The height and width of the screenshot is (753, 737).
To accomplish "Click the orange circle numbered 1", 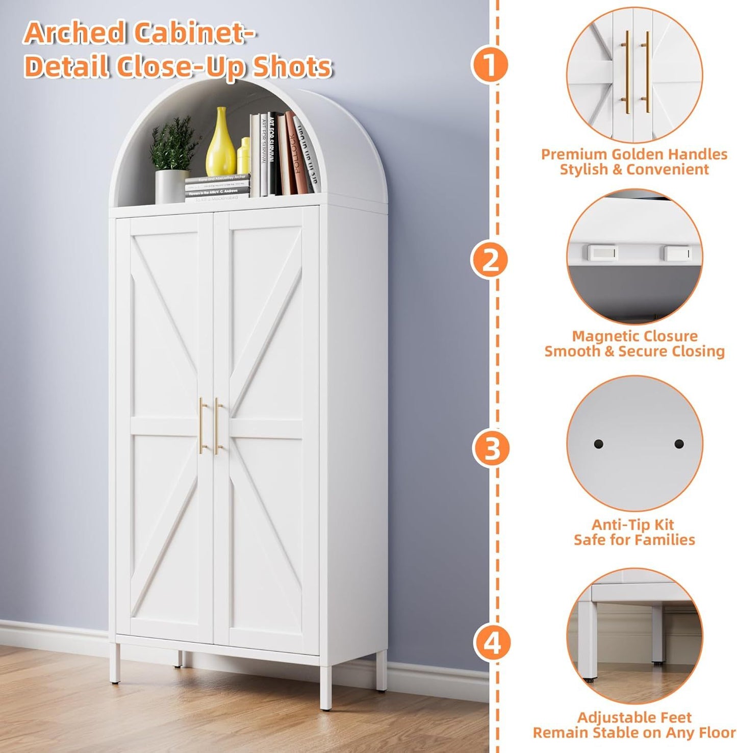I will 489,65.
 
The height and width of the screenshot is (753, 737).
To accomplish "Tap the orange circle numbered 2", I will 489,260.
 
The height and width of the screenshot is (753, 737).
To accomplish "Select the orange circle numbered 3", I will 492,449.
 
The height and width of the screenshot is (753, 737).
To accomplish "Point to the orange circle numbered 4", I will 492,643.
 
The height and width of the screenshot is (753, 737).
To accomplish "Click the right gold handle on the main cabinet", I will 218,426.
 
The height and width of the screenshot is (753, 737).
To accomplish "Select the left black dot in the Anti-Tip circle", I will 598,444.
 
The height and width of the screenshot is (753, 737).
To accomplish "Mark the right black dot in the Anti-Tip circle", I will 679,444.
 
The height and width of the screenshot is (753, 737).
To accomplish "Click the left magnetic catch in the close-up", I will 602,252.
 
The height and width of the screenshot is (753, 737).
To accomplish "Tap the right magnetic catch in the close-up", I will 678,253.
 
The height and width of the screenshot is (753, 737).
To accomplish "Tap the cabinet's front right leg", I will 325,686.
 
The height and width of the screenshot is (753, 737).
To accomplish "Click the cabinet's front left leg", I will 115,663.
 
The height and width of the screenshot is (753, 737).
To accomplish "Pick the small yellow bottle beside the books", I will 244,156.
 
